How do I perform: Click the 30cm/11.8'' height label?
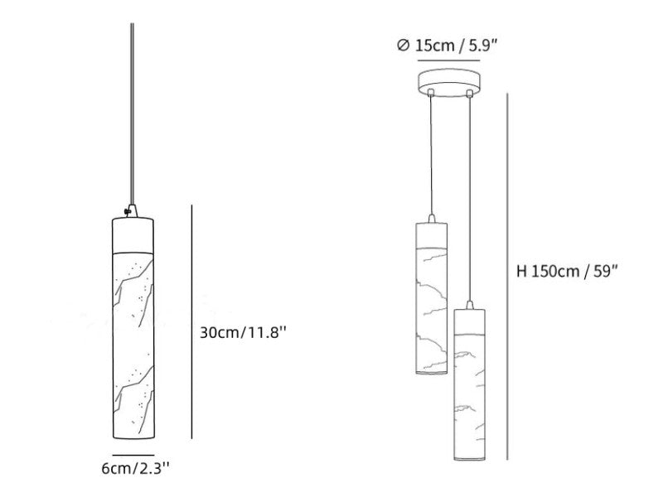243,333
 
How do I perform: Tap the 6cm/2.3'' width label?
136,468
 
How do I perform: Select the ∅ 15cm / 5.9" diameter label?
448,46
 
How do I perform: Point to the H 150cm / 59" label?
567,271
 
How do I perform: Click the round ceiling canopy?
449,84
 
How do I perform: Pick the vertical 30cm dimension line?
192,322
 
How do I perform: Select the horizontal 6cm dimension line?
133,455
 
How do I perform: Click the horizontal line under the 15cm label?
448,60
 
